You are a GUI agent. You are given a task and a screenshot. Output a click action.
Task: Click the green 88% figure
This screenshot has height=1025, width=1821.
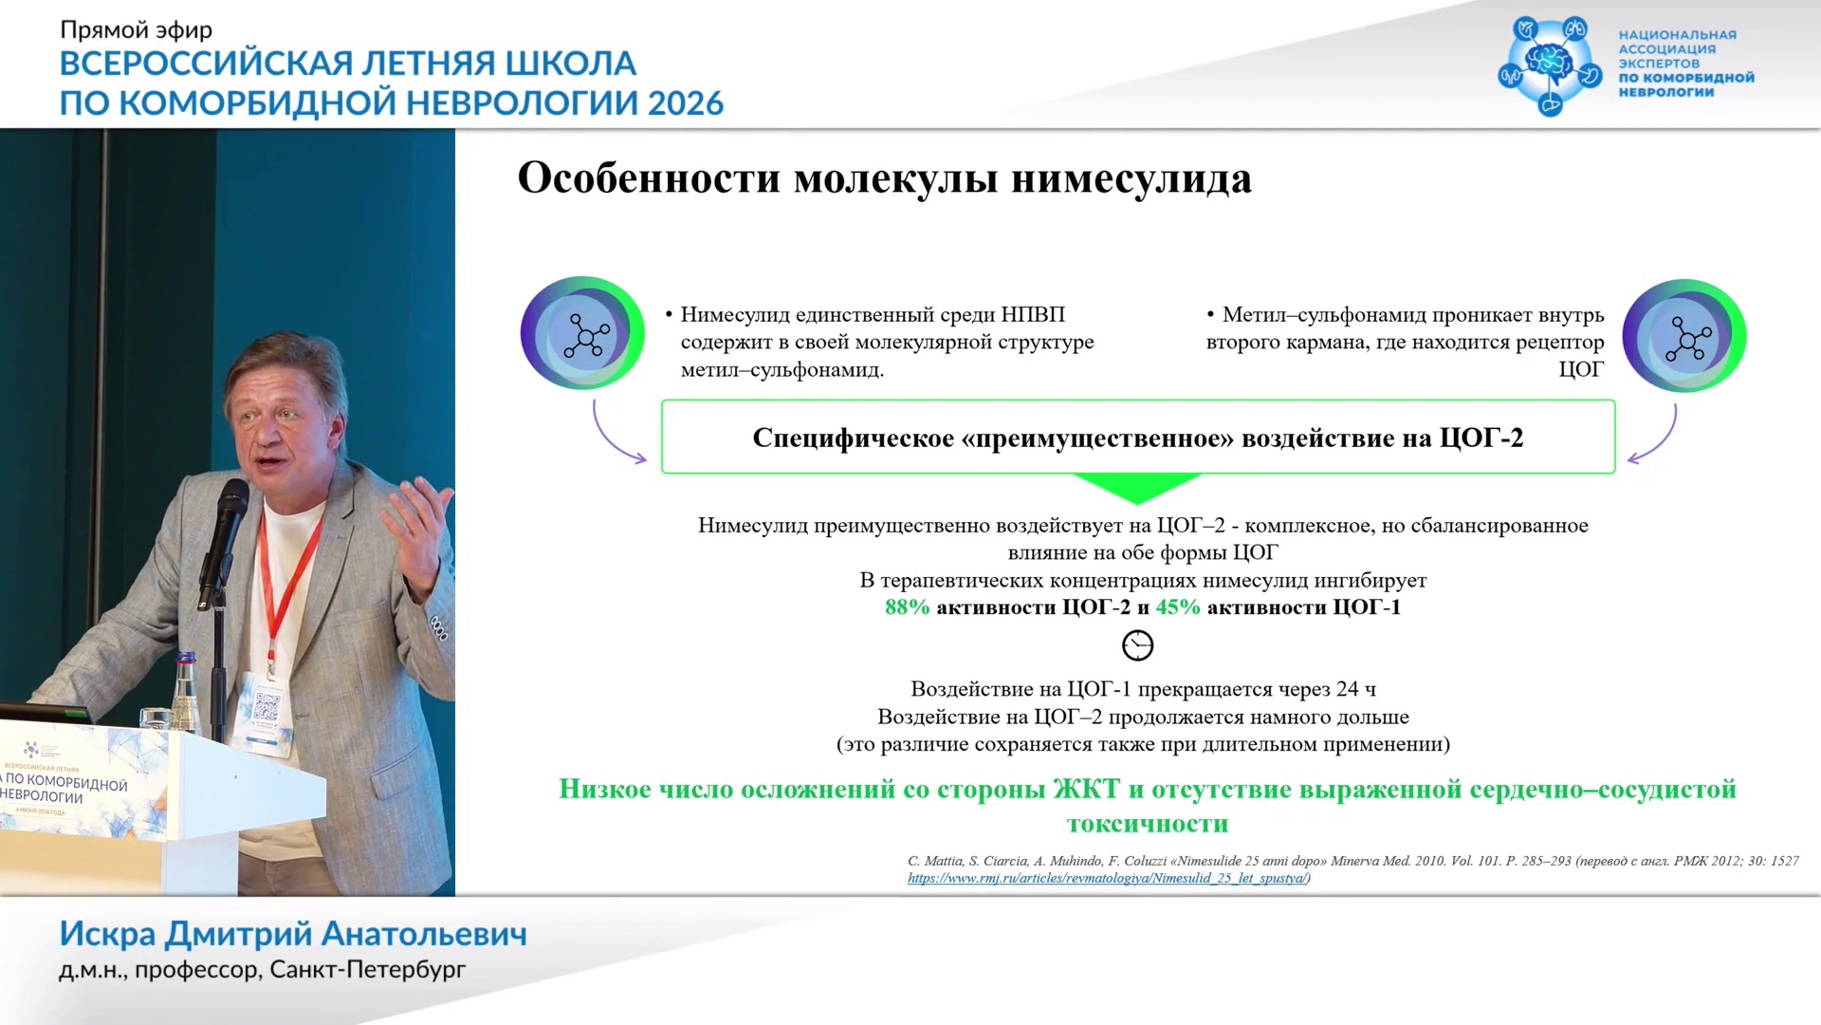click(907, 607)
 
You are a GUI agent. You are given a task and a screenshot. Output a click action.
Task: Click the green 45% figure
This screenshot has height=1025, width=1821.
click(1178, 607)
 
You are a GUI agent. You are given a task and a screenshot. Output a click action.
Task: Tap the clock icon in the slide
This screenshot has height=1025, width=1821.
click(1137, 645)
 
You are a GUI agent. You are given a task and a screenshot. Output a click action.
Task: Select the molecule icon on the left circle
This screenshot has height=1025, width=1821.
click(586, 335)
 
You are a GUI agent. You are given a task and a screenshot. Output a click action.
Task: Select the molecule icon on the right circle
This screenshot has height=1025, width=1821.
click(1687, 338)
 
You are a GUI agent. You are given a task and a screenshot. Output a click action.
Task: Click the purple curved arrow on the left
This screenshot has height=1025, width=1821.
click(607, 438)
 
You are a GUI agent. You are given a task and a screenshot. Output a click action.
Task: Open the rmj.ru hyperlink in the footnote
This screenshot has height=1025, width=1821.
click(1106, 878)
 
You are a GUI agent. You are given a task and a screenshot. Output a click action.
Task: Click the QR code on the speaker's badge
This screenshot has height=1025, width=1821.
click(267, 706)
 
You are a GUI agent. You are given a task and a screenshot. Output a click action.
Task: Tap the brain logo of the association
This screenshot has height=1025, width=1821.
click(1550, 64)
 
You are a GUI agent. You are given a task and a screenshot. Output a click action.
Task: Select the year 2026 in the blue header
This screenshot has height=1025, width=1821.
click(686, 102)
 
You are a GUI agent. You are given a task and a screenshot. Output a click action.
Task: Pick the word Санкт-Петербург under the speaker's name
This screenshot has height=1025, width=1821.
click(368, 970)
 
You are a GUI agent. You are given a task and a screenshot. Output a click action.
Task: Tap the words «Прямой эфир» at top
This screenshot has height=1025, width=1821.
click(137, 30)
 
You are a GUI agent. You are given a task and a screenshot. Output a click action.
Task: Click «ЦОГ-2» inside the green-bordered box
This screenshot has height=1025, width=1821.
click(1481, 438)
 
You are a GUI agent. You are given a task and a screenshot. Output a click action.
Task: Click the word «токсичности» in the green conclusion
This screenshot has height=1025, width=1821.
click(1148, 824)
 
